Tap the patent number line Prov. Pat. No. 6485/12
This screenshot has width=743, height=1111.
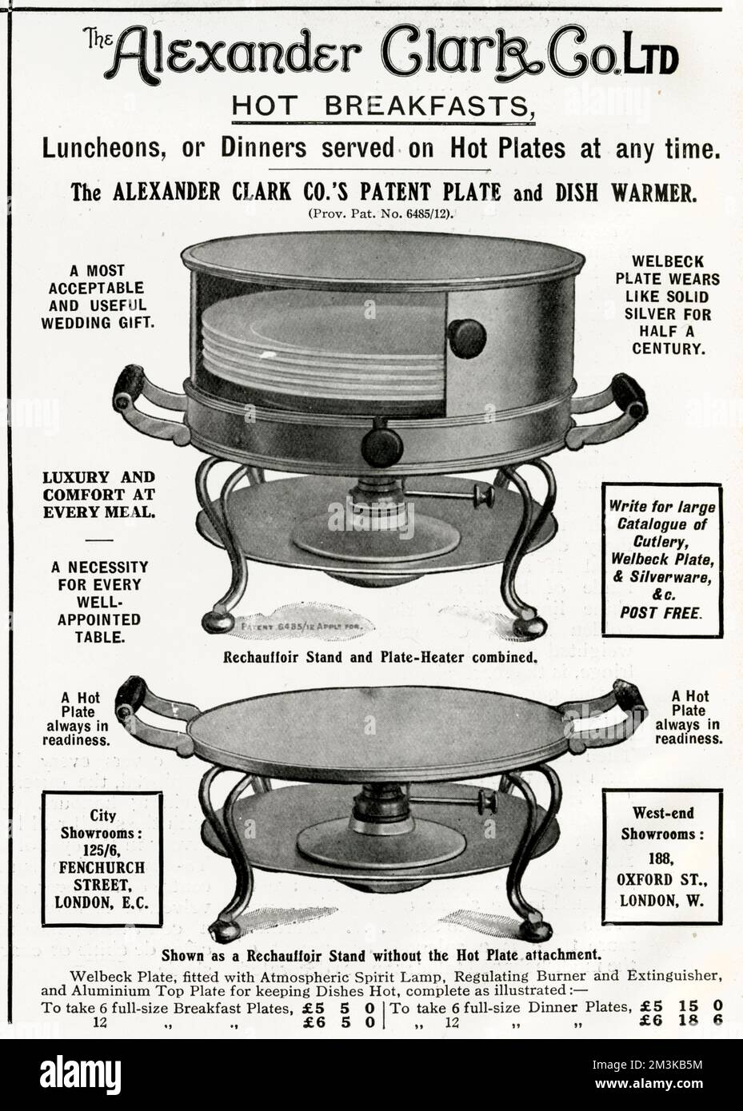(x=370, y=214)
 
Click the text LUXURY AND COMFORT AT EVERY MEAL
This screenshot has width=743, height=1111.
(x=99, y=495)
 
